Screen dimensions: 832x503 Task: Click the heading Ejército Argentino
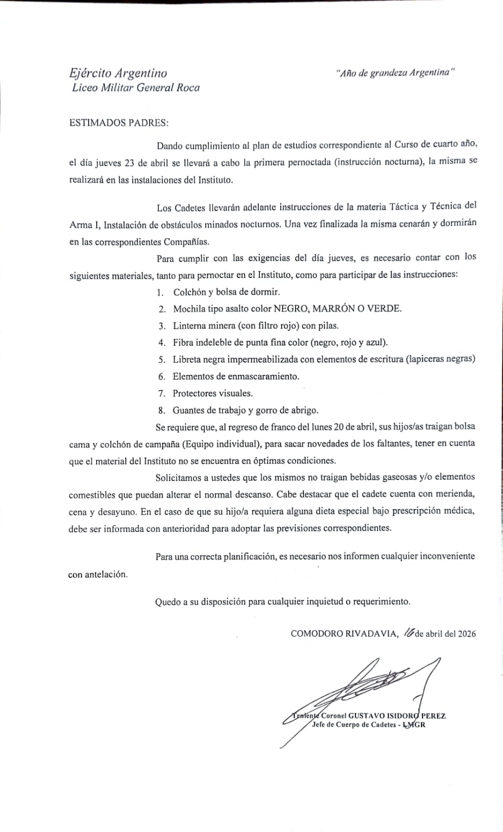(118, 73)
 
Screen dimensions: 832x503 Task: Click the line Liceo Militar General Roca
(136, 88)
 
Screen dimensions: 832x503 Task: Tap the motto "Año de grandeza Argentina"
(395, 73)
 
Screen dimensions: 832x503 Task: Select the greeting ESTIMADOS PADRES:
(119, 123)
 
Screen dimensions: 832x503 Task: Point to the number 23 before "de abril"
(130, 163)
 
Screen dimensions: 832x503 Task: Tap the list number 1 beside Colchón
(161, 292)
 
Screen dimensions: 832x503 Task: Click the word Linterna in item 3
(191, 326)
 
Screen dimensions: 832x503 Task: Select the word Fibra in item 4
(183, 343)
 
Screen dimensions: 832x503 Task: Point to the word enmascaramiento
(263, 376)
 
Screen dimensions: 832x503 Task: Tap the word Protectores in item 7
(195, 394)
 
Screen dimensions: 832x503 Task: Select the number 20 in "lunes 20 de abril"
(339, 426)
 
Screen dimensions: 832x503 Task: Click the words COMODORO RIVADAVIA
(345, 633)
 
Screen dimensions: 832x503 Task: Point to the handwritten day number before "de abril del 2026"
(408, 632)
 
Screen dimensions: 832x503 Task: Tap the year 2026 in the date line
(465, 633)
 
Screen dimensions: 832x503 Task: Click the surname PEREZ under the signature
(433, 716)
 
